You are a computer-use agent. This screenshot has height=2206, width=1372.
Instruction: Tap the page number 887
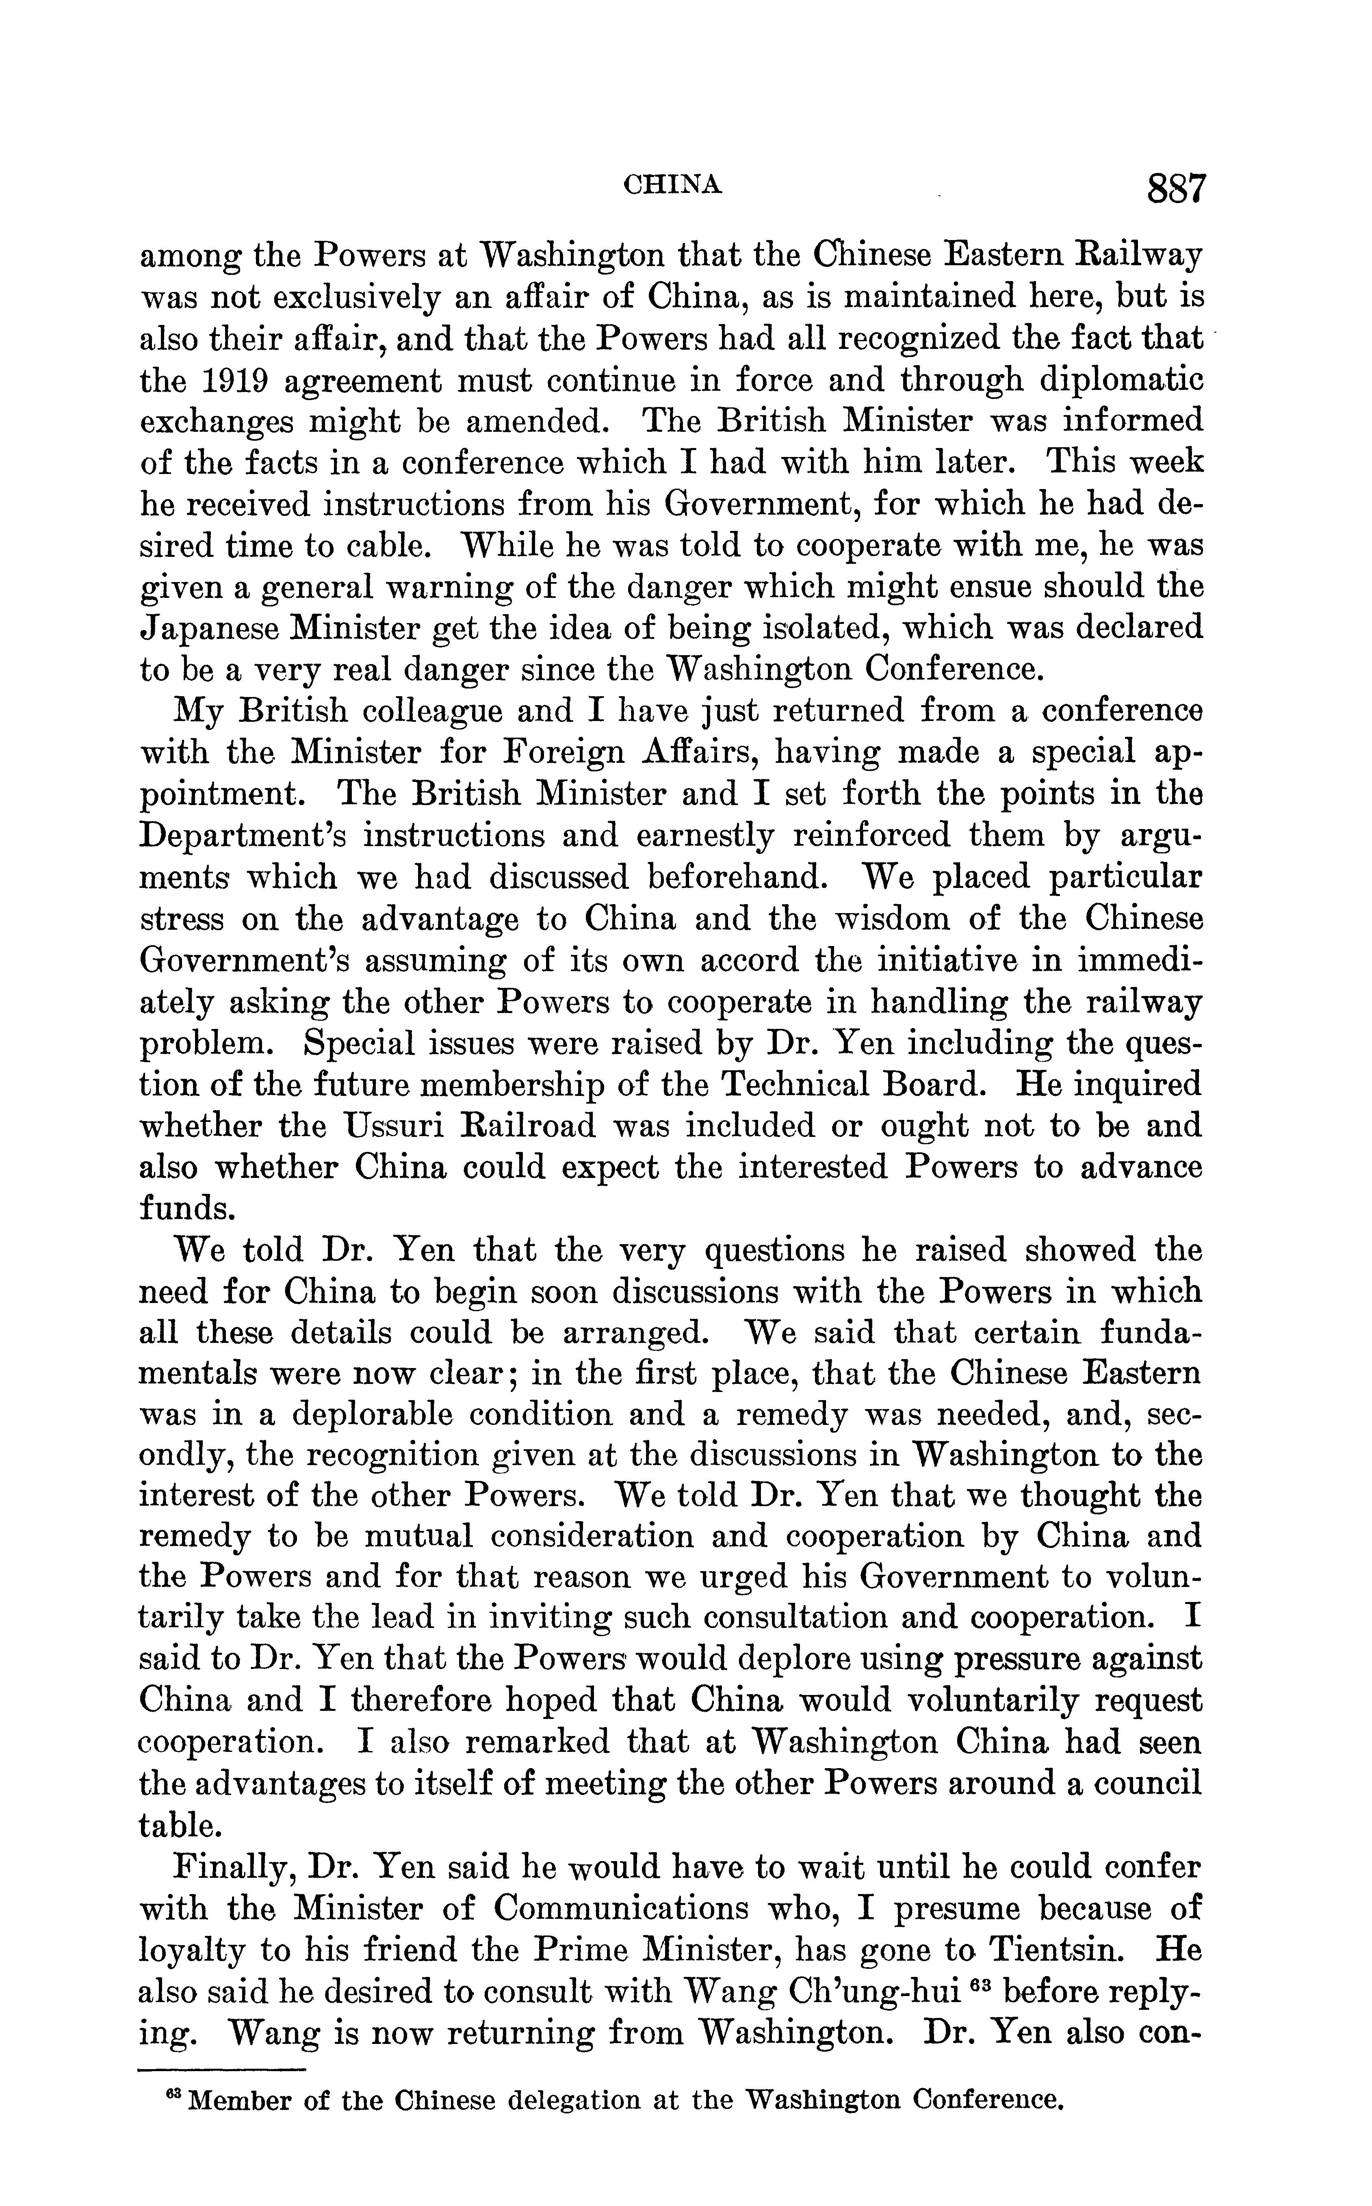click(x=1176, y=190)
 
